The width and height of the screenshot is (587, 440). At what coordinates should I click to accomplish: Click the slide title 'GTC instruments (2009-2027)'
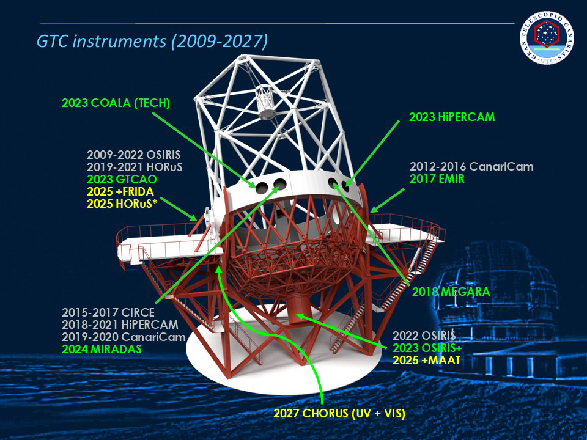click(152, 41)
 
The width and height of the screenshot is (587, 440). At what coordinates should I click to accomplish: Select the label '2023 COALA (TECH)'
click(116, 103)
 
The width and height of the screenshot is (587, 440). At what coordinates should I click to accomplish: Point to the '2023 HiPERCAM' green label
click(452, 117)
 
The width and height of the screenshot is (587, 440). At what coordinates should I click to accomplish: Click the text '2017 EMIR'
click(437, 179)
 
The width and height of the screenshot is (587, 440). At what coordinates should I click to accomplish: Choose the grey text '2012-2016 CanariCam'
click(471, 166)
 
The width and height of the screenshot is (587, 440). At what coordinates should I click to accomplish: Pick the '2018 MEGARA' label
click(451, 291)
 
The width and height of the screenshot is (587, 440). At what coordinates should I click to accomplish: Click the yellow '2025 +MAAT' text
click(426, 360)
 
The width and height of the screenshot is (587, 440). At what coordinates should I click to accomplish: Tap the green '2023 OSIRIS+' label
click(427, 348)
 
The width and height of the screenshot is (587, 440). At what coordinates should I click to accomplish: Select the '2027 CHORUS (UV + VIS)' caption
click(339, 414)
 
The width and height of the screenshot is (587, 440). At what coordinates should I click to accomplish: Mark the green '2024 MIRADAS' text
click(102, 349)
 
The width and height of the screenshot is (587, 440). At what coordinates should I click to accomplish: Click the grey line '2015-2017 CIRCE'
click(108, 312)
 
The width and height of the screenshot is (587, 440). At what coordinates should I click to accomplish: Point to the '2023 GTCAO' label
click(122, 179)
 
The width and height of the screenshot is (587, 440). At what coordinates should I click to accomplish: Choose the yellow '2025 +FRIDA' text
click(120, 191)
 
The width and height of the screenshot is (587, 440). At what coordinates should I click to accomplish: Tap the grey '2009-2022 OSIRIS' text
click(134, 155)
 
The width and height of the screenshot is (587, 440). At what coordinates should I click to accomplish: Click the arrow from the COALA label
click(204, 150)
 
